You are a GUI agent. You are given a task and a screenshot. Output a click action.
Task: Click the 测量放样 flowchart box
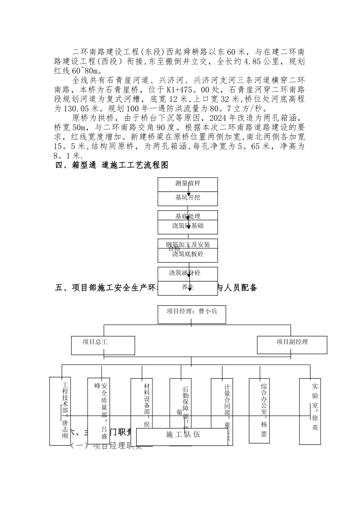[x=188, y=184]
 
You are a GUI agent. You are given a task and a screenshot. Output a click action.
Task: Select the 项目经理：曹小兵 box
[x=191, y=314]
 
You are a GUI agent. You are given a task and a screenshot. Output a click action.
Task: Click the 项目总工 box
[x=103, y=345]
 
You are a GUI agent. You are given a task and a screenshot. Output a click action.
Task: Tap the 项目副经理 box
[x=292, y=345]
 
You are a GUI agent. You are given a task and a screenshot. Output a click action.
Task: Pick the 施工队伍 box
[x=183, y=435]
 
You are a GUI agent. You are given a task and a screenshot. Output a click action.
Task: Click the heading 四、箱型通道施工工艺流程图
[x=112, y=166]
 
